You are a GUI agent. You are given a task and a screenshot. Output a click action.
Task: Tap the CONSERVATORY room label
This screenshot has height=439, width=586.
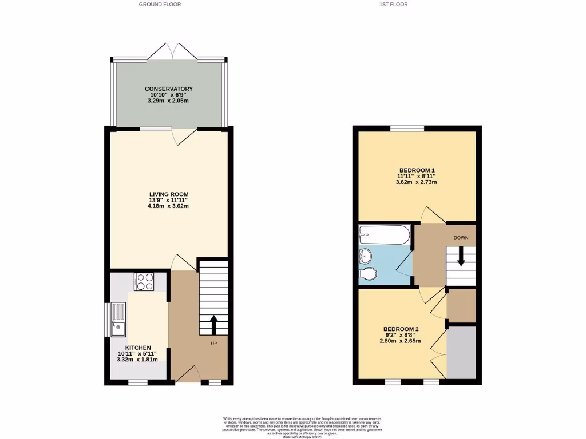pyautogui.click(x=169, y=89)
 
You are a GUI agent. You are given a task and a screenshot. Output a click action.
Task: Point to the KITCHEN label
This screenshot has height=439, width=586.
pyautogui.click(x=138, y=348)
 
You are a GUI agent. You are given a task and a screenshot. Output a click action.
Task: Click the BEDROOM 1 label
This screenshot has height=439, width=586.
pyautogui.click(x=417, y=170)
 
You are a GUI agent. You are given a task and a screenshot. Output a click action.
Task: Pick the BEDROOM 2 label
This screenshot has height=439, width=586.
pyautogui.click(x=401, y=329)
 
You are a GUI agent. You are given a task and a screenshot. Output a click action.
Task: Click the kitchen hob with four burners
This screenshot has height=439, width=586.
pyautogui.click(x=144, y=282)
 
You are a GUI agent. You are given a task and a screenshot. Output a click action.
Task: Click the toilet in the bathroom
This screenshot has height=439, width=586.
pyautogui.click(x=367, y=275)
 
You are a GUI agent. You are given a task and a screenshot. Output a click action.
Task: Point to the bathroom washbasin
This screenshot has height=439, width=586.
pyautogui.click(x=365, y=254)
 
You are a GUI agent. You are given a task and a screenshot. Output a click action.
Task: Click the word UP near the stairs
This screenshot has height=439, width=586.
pyautogui.click(x=213, y=344)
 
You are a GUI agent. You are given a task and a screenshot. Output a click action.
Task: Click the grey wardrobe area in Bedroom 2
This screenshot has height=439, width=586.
pyautogui.click(x=461, y=352)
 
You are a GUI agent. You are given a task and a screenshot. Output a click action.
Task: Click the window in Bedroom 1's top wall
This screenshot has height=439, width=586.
pyautogui.click(x=407, y=129)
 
